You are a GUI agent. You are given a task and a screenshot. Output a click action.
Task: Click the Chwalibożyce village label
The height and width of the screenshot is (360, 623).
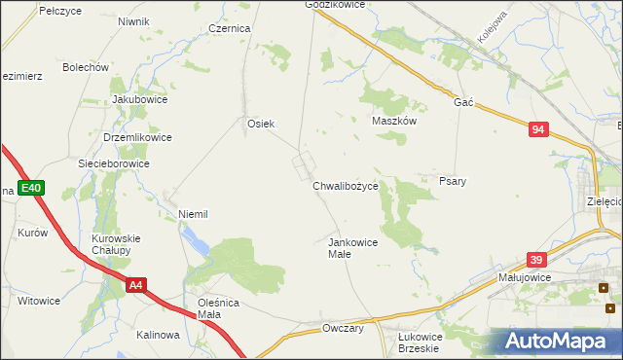351,185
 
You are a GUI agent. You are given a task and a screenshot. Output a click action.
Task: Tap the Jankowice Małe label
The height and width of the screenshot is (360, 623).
352,247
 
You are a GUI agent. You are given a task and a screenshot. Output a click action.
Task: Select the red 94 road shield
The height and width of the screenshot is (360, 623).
539,129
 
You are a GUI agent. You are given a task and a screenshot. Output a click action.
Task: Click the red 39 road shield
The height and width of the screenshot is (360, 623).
536,260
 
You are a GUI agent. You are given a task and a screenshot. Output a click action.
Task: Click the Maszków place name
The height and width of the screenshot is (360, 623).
395,122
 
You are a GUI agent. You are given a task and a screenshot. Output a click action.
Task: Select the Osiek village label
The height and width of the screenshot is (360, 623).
261,124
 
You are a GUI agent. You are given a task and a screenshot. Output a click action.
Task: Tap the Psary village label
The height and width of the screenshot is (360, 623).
453,181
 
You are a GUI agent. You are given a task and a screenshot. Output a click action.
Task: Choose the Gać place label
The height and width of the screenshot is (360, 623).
463,102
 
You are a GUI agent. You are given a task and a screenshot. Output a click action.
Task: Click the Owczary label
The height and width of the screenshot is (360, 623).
343,329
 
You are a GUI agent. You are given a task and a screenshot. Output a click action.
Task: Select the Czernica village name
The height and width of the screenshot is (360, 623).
230,29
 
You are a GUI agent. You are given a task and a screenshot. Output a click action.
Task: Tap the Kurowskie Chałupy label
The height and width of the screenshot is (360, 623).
117,244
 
